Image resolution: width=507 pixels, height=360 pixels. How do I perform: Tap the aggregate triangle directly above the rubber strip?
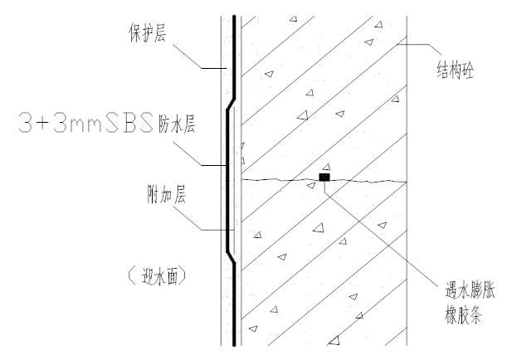(326, 165)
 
